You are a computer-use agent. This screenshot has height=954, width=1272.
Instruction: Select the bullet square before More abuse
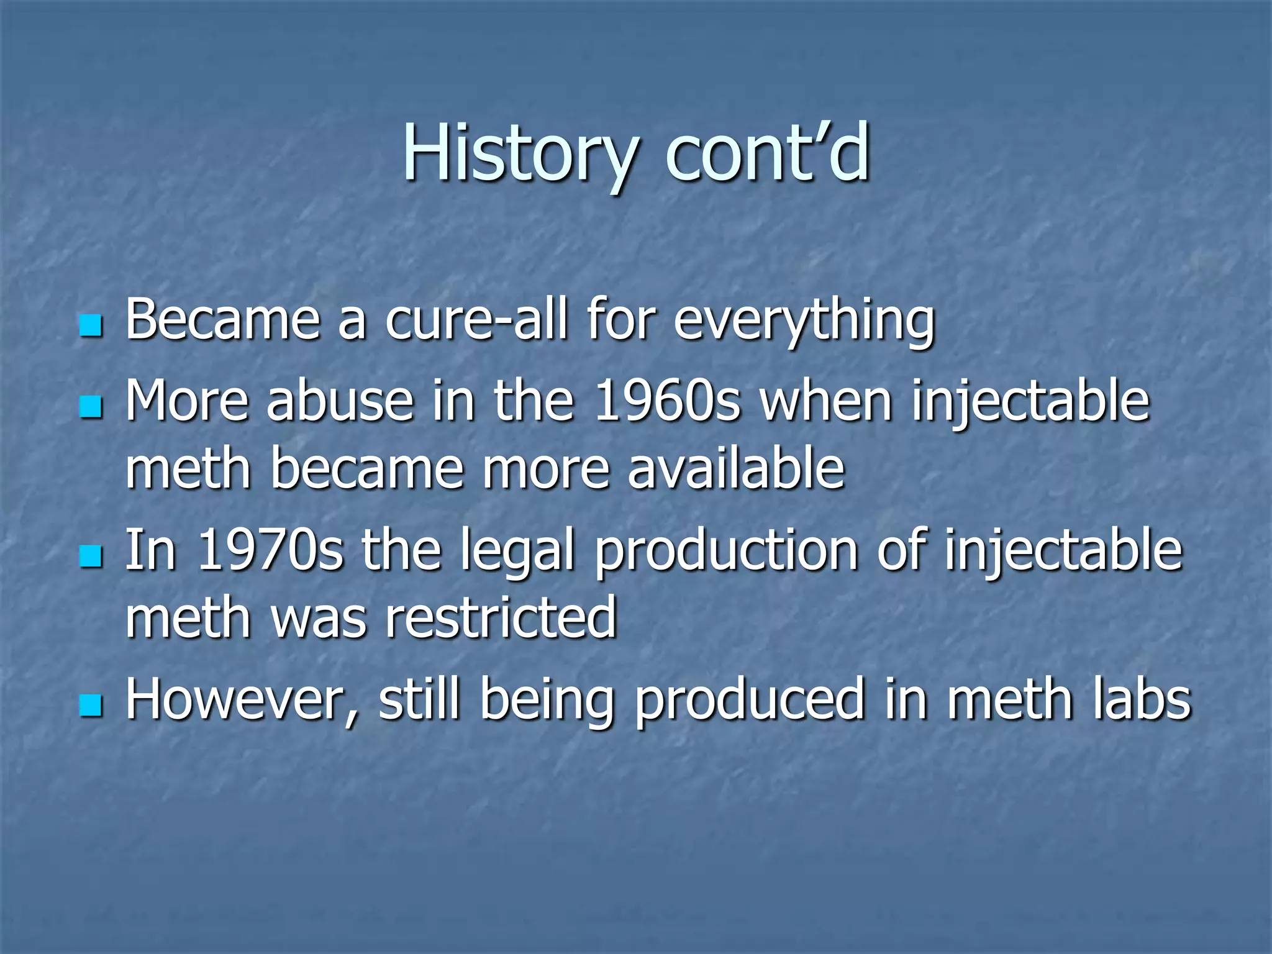point(91,407)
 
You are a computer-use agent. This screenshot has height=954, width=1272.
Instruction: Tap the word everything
point(804,322)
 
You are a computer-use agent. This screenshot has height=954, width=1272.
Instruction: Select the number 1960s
point(667,401)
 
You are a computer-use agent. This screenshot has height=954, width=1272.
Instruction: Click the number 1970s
point(270,550)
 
